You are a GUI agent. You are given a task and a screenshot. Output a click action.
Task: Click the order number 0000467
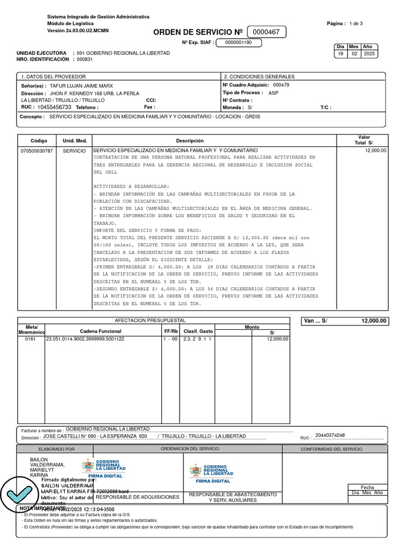(x=267, y=32)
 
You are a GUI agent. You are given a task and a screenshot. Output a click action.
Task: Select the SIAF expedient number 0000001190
(x=238, y=43)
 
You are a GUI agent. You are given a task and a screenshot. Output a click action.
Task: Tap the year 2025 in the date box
(x=369, y=54)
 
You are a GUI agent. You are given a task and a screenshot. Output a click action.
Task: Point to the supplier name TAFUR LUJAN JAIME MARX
(x=81, y=86)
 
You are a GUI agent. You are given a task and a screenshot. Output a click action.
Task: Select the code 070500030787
(x=37, y=151)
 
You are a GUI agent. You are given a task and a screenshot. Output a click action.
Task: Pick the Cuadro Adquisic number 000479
(x=281, y=85)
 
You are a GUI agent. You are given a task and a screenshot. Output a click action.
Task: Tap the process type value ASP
(x=273, y=93)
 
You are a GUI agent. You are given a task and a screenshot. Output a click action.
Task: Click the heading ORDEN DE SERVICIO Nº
(x=198, y=33)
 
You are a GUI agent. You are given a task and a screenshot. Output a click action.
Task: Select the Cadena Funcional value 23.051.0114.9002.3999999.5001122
(x=85, y=339)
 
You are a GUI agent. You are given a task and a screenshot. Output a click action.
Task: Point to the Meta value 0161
(x=30, y=339)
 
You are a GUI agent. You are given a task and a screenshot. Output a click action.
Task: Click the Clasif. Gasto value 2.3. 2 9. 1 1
(x=197, y=339)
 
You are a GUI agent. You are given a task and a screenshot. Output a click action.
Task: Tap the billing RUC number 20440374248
(x=330, y=435)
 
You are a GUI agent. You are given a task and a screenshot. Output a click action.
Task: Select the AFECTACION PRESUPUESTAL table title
(x=153, y=320)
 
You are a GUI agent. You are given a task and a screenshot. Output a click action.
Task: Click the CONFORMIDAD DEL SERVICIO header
(x=331, y=449)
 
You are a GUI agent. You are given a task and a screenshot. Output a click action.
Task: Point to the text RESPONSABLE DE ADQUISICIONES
(x=137, y=497)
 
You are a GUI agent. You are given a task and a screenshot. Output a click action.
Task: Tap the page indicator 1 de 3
(x=356, y=24)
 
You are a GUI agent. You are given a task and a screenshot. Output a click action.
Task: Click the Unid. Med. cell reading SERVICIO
(x=74, y=151)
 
